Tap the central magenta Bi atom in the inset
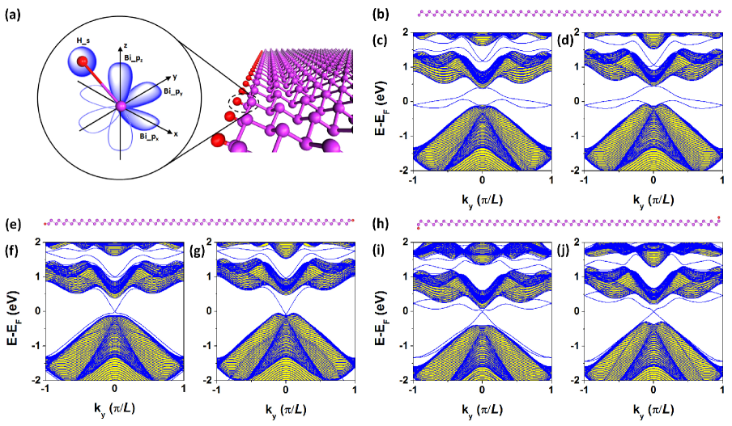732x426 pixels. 121,106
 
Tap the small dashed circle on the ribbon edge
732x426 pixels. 237,103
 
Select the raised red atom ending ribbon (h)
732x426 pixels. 718,217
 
